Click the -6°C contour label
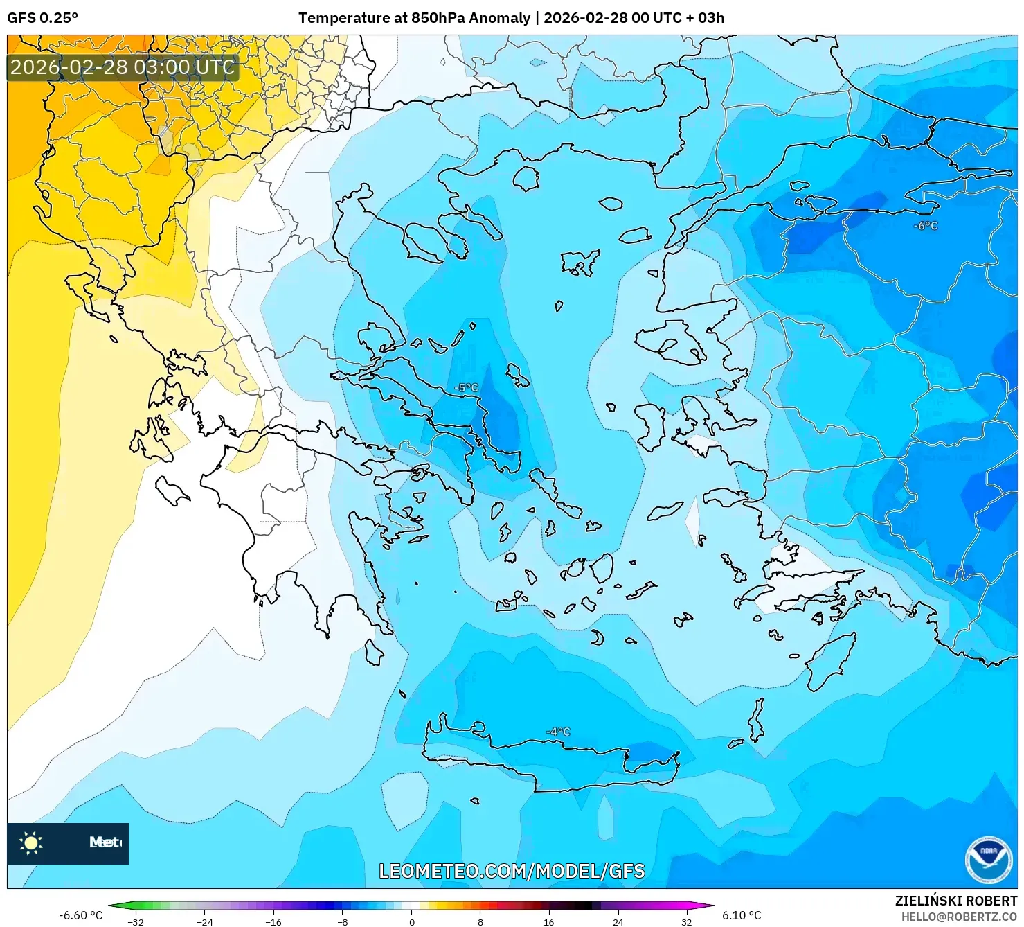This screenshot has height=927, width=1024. tap(926, 226)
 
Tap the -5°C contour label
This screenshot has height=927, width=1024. tap(467, 388)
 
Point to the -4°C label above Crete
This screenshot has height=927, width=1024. tap(558, 732)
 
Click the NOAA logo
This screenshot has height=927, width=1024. tap(988, 860)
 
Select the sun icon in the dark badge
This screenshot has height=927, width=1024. tap(31, 842)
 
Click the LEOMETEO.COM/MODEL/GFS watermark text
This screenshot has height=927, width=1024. tap(512, 871)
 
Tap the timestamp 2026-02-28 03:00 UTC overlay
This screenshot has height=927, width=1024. tap(123, 67)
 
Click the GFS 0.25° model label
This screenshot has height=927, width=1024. tap(42, 18)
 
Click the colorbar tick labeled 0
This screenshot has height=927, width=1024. tap(411, 921)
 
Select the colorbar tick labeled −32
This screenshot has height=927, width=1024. tap(136, 921)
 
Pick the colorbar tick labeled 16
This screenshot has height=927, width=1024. tap(548, 921)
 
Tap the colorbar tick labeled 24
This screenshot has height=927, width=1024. tap(618, 921)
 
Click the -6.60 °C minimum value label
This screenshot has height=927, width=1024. tap(80, 915)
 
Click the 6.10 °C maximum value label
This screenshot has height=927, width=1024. tap(742, 915)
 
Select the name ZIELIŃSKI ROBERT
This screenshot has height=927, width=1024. tap(955, 901)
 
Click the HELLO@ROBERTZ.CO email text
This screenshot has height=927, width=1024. tap(959, 917)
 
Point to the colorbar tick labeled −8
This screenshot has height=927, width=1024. tap(342, 921)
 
